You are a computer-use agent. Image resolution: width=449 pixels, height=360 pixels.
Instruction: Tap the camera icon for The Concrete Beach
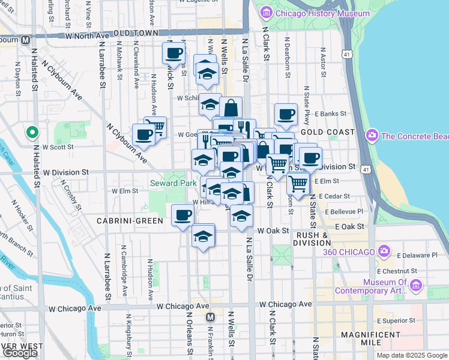(373, 136)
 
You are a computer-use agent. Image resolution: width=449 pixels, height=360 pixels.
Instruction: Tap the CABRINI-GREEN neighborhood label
(130, 221)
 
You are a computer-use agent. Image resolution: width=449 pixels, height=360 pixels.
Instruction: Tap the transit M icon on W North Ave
(25, 40)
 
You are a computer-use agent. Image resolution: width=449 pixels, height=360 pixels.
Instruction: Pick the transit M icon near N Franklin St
(210, 317)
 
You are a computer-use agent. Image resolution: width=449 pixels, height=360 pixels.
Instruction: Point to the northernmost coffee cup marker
(174, 52)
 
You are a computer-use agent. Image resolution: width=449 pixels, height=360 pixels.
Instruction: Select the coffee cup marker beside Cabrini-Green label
(183, 215)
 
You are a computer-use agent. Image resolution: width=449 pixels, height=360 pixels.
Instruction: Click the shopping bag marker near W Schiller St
(231, 108)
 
